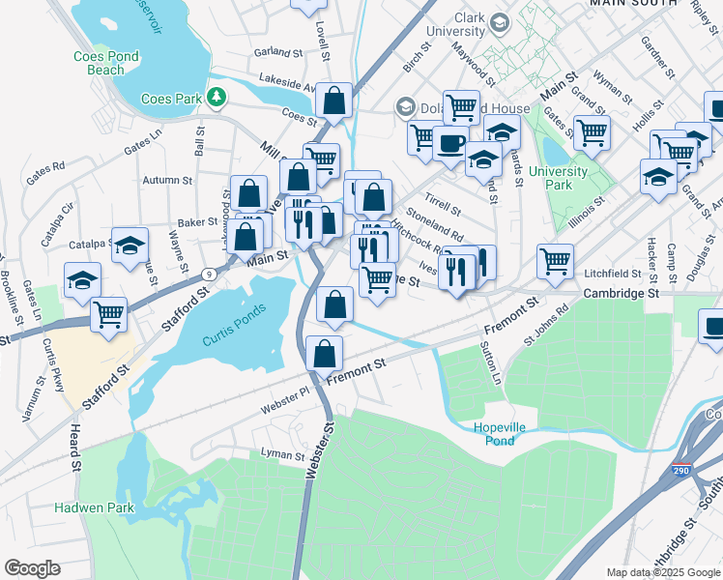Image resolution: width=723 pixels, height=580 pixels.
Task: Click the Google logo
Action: click(x=32, y=568)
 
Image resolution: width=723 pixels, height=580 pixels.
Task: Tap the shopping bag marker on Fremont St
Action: click(x=324, y=355)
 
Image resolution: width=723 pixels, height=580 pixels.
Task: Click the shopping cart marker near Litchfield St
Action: click(x=555, y=260)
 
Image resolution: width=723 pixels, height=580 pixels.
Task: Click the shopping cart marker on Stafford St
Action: click(x=109, y=313)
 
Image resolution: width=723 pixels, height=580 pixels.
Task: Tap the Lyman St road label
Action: click(x=283, y=454)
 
